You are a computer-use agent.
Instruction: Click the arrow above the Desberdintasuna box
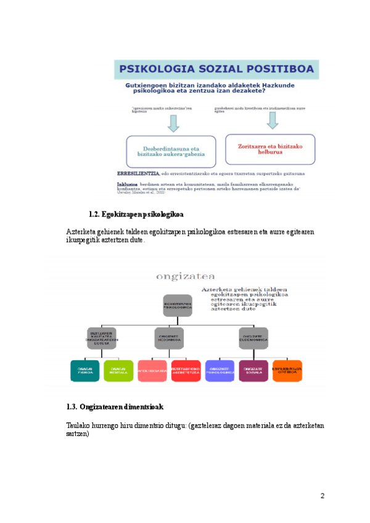pos(173,123)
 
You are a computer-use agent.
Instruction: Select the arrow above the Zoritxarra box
pos(268,123)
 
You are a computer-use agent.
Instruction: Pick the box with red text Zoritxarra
pos(269,150)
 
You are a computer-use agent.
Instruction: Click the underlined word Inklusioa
pos(127,184)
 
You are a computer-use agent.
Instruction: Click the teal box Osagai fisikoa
pos(86,371)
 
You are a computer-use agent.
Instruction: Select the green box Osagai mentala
pos(118,371)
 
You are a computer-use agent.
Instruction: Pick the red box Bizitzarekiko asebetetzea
pos(186,371)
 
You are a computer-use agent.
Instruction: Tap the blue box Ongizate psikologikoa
pos(220,371)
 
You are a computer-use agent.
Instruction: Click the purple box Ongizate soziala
pos(253,371)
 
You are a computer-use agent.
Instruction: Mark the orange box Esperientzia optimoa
pos(287,371)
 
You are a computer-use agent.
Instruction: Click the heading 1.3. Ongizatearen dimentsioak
pos(115,407)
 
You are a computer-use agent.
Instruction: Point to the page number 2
pos(322,495)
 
